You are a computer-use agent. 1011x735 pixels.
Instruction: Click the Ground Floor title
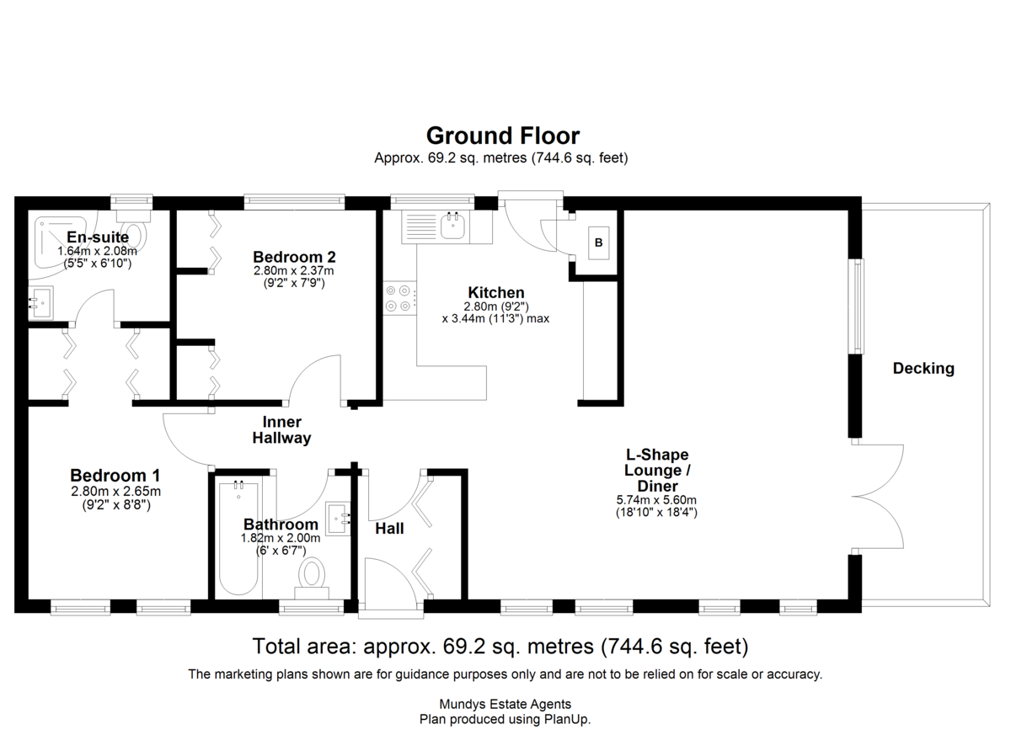click(503, 136)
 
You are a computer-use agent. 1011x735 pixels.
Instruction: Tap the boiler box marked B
click(598, 243)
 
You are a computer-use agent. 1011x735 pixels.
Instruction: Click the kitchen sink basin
click(452, 226)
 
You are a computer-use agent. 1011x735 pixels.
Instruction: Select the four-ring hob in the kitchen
click(399, 298)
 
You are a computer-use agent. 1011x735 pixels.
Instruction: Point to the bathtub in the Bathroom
click(238, 538)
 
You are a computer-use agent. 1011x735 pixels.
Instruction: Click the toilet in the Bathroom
click(312, 578)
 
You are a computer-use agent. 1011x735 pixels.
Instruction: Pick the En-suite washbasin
click(40, 302)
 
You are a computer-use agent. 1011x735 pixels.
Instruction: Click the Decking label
click(923, 369)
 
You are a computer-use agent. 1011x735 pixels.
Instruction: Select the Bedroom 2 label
click(294, 257)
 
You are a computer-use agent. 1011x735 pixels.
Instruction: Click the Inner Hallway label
click(281, 429)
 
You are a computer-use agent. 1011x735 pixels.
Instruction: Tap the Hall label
click(389, 529)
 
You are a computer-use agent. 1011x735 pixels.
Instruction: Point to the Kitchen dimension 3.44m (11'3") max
click(495, 319)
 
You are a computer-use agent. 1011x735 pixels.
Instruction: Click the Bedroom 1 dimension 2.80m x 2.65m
click(115, 491)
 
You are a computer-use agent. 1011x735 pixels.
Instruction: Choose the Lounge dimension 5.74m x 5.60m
click(656, 499)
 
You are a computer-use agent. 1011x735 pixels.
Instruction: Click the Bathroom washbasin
click(339, 519)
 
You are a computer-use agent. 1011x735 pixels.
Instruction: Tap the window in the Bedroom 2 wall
click(294, 201)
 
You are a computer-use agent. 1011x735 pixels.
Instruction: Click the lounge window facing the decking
click(856, 306)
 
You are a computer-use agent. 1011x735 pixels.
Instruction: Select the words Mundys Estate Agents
click(505, 704)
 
